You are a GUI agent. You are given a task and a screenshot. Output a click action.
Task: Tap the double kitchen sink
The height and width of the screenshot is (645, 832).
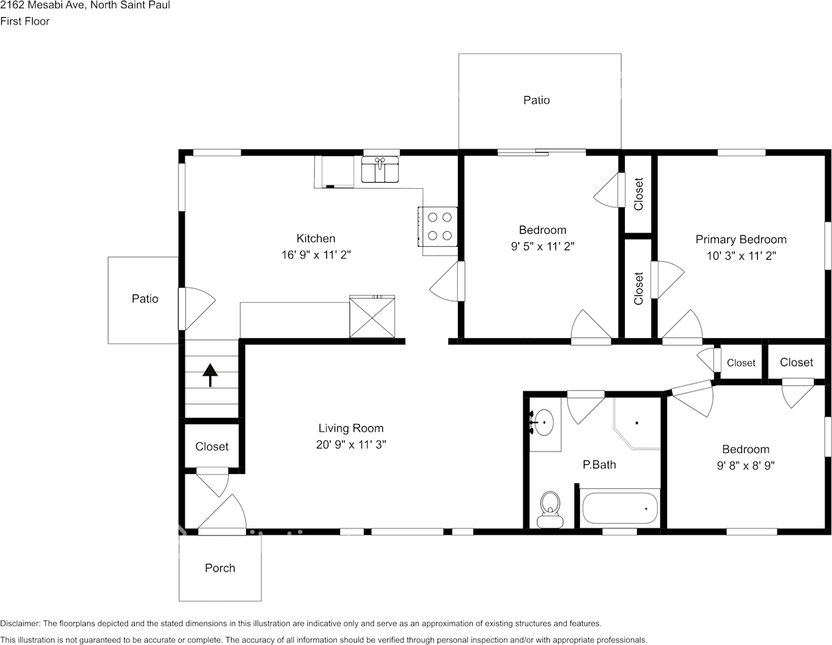[380, 170]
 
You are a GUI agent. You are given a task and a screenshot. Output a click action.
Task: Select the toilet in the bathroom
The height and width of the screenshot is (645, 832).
[550, 509]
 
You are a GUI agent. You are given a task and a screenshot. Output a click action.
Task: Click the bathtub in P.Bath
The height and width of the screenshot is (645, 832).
[619, 507]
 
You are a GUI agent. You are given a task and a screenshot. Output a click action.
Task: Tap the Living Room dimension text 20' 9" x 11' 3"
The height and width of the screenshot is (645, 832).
[351, 444]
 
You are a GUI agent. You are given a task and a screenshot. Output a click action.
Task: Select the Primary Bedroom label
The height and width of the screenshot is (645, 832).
[741, 239]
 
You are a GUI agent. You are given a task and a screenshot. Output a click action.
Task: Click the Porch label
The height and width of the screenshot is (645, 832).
[220, 568]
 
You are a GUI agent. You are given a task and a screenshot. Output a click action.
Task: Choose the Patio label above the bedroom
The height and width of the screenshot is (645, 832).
[536, 100]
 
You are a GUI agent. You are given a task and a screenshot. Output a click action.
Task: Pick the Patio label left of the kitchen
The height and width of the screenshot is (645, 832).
[144, 299]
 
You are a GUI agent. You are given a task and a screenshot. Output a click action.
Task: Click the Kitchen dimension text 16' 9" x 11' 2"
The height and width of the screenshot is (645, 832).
[315, 255]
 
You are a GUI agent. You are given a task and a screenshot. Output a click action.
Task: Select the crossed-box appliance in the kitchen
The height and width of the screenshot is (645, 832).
[372, 316]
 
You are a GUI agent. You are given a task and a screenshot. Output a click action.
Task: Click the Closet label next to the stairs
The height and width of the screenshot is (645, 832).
[212, 447]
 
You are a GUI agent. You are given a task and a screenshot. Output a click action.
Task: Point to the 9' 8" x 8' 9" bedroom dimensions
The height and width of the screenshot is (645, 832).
[745, 466]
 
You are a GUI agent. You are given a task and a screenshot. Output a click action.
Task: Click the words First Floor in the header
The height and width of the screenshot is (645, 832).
[25, 21]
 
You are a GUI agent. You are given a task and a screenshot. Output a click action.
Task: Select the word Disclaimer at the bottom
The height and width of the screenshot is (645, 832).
[20, 623]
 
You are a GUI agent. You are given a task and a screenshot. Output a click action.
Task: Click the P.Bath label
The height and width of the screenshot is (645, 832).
[599, 464]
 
